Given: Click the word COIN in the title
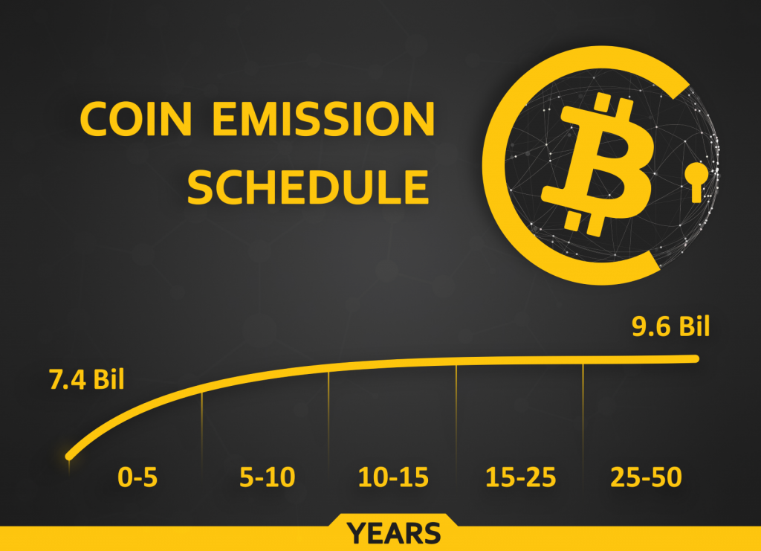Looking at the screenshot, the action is (135, 119).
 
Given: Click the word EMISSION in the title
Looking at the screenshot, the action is (324, 119).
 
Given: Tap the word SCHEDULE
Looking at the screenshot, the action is (308, 187).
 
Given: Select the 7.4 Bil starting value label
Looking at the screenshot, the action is (87, 379).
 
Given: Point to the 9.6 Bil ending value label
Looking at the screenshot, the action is (671, 326).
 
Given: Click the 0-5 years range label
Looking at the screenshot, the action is (137, 477).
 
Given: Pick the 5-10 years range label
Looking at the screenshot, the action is (268, 477).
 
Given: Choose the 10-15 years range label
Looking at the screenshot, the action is (393, 477).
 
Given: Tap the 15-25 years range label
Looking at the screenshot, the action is (521, 477).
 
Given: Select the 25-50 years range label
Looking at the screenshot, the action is (646, 477).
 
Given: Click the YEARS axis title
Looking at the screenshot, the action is (394, 533).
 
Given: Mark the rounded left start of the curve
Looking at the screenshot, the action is (69, 457).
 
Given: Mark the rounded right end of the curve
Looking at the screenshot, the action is (695, 358).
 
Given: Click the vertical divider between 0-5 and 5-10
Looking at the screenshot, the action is (201, 432).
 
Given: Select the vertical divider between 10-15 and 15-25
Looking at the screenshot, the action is (456, 417).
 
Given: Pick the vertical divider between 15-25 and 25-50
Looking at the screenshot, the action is (583, 416).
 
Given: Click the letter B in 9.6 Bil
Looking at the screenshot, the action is (687, 326).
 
